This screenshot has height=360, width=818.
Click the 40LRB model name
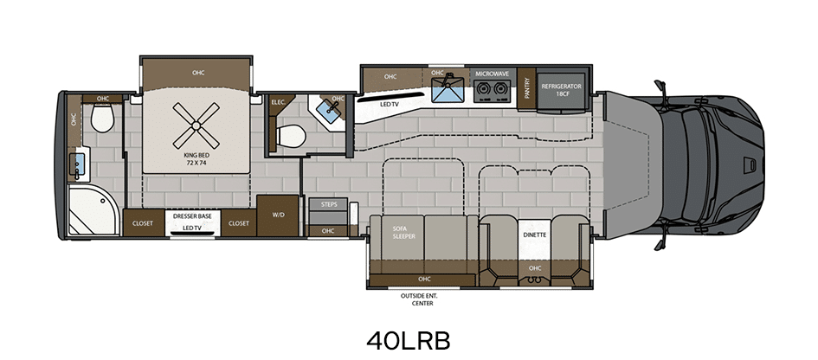pyautogui.click(x=408, y=341)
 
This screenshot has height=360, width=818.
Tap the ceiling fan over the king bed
pyautogui.click(x=196, y=125)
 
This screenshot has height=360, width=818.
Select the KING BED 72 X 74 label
pyautogui.click(x=196, y=158)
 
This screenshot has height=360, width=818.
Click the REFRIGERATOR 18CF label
pyautogui.click(x=561, y=90)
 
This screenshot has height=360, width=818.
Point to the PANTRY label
pyautogui.click(x=527, y=88)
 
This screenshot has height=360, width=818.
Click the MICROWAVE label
pyautogui.click(x=492, y=74)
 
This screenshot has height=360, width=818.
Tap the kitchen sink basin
pyautogui.click(x=448, y=90)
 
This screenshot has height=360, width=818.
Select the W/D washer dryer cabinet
pyautogui.click(x=278, y=215)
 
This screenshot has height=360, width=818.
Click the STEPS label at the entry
pyautogui.click(x=328, y=203)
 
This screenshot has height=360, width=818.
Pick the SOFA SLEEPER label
pyautogui.click(x=403, y=232)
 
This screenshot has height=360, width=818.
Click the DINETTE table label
pyautogui.click(x=535, y=235)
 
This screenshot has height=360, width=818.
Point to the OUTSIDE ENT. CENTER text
pyautogui.click(x=422, y=299)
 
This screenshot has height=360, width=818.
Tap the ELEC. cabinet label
pyautogui.click(x=278, y=102)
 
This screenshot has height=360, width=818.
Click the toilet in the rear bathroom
pyautogui.click(x=102, y=119)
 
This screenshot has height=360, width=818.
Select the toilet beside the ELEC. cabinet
pyautogui.click(x=290, y=136)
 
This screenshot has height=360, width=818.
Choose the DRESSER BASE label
pyautogui.click(x=192, y=215)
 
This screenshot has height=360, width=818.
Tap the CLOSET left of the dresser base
pyautogui.click(x=143, y=223)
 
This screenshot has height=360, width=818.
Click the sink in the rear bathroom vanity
pyautogui.click(x=79, y=164)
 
